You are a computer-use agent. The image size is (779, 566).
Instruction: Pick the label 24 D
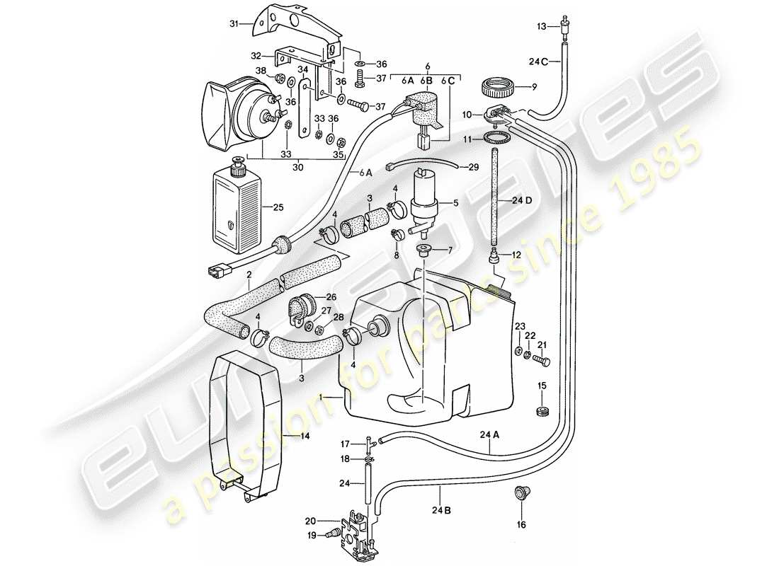pos(523,201)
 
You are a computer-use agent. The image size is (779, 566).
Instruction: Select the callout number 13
pos(540,26)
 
